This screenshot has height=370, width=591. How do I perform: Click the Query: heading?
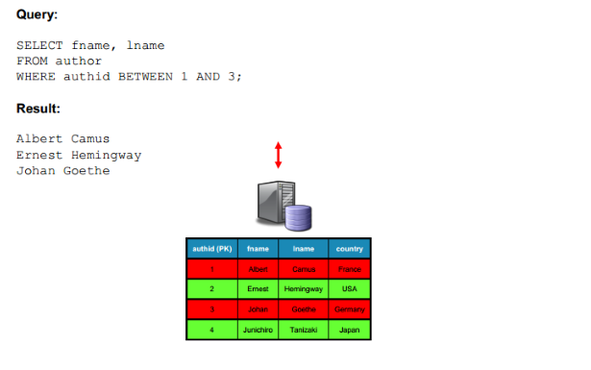coord(37,14)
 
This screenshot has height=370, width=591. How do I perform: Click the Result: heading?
coord(38,109)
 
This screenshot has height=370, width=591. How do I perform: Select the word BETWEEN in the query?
coord(145,77)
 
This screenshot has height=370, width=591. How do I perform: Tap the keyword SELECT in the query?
coord(39,45)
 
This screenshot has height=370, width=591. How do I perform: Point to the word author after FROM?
coord(79,62)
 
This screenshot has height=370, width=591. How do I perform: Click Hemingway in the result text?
coord(107,156)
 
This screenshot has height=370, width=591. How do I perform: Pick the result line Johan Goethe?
coord(63,171)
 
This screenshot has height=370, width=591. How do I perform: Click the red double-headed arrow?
coord(278,155)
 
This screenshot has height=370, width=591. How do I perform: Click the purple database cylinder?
coord(298,218)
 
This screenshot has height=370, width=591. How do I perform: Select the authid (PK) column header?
coord(211,249)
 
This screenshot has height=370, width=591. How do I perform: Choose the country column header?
coord(350,249)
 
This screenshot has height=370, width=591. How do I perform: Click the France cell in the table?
coord(350,269)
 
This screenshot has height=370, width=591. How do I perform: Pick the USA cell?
coord(350,289)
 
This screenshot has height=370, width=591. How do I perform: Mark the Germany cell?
coord(350,309)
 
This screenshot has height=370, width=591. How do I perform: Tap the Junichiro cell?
coord(258,330)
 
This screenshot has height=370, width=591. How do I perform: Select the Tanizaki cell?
coord(304,330)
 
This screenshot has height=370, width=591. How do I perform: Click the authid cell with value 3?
coord(211,309)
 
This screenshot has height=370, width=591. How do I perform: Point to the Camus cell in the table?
coord(304,269)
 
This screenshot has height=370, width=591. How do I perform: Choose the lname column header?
coord(304,249)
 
